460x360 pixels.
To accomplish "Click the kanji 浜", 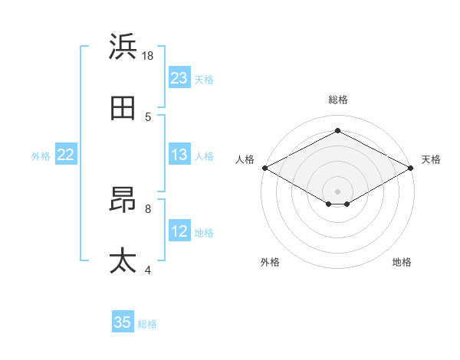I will pos(123,47).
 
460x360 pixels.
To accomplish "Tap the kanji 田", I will pos(123,110).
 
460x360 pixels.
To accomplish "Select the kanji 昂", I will pos(123,200).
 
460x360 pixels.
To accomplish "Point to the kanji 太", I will pos(123,260).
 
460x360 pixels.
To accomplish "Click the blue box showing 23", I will pos(179,78).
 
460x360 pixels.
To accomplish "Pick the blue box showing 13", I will pos(179,155).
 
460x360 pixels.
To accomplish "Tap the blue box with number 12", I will pos(179,231).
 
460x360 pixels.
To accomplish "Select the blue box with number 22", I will pos(66,155).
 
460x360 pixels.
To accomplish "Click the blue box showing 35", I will pos(123,322).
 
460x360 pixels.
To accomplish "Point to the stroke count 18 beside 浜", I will pos(147,56).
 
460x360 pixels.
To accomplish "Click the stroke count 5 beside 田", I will pos(148,117).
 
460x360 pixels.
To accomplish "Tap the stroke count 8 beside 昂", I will pos(148,208).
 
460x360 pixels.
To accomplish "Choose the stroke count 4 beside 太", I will pos(148,269).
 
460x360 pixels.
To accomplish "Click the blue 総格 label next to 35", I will pos(147,323).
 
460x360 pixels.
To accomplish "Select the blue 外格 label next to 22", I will pos(41,155).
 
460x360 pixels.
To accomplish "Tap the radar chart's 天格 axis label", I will pos(431,159).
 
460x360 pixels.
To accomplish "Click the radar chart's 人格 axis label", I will pos(245,159).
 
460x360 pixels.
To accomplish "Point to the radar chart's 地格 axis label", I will pos(402,262).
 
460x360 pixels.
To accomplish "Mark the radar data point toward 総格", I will pos(337,131).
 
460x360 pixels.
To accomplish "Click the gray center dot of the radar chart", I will pos(337,191).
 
